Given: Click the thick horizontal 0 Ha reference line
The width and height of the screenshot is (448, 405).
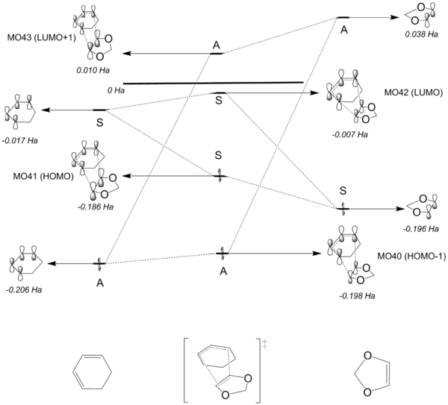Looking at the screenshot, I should pos(213,83).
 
